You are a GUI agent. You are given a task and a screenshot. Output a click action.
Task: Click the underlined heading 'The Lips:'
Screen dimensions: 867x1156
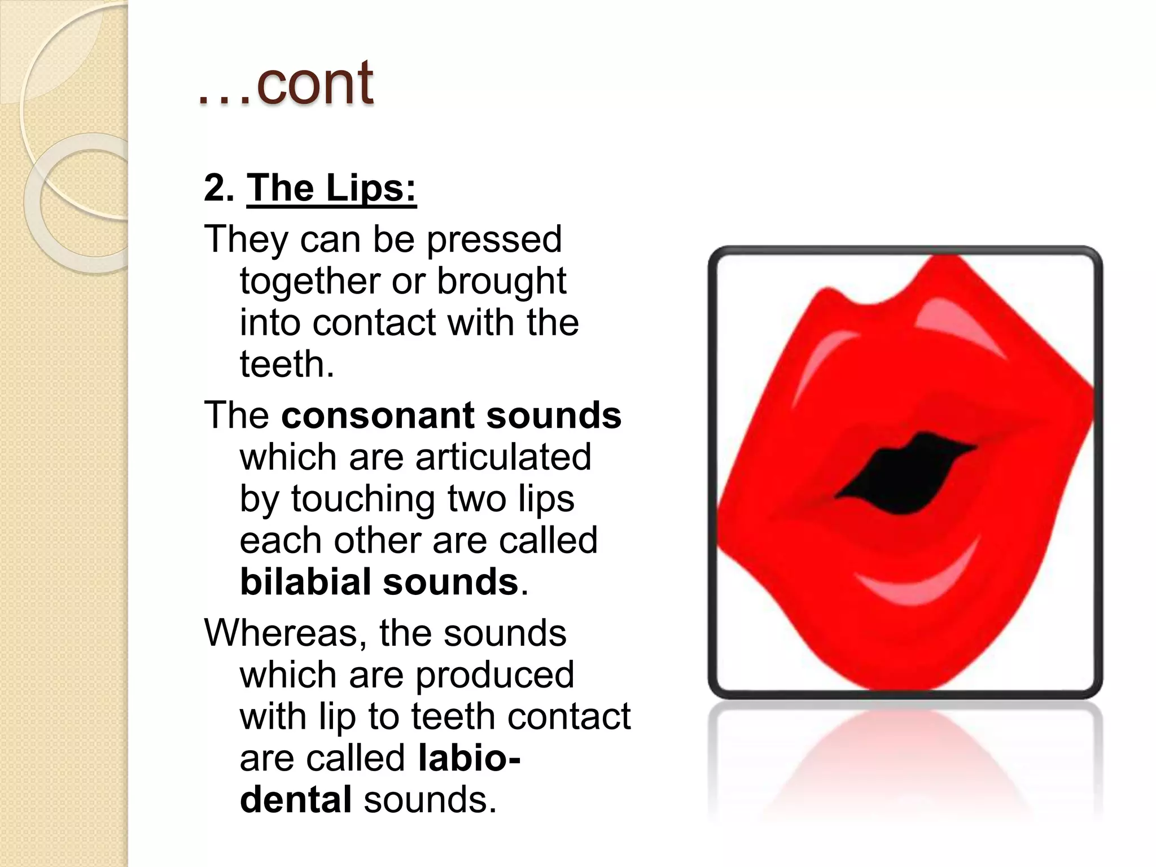pyautogui.click(x=331, y=188)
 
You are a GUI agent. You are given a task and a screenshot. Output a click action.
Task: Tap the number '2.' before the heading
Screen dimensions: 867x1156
pyautogui.click(x=218, y=188)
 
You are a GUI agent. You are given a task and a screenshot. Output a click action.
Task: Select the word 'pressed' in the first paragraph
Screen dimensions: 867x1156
pyautogui.click(x=494, y=239)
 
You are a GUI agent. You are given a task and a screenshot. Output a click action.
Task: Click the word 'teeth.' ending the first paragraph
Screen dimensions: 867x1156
pyautogui.click(x=287, y=364)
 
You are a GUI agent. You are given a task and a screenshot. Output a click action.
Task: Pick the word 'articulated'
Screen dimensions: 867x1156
pyautogui.click(x=503, y=457)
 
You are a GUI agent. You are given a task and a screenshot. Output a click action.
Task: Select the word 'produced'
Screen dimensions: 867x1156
pyautogui.click(x=495, y=675)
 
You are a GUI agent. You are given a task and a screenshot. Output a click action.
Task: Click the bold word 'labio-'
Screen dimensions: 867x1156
pyautogui.click(x=469, y=758)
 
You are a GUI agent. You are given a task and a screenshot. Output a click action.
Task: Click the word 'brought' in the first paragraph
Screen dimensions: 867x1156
pyautogui.click(x=501, y=281)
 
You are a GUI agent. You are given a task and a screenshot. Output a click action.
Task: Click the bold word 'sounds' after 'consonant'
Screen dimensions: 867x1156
pyautogui.click(x=553, y=415)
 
